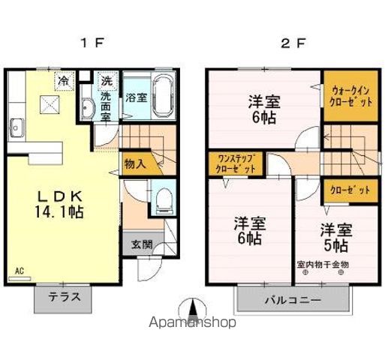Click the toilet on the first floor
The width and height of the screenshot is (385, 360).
[163, 197]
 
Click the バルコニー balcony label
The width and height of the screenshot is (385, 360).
[292, 301]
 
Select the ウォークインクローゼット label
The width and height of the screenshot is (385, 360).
[350, 95]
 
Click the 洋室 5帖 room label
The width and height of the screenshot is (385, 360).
[335, 235]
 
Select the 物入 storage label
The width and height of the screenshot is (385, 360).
[135, 163]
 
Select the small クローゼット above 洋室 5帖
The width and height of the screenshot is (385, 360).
[350, 190]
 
